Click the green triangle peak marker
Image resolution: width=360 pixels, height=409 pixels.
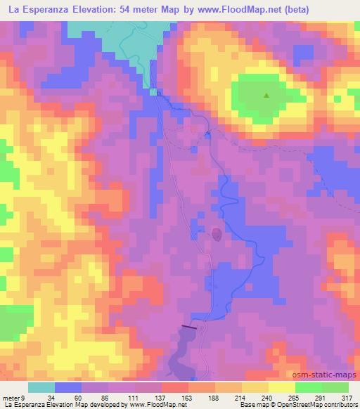tap(266, 96)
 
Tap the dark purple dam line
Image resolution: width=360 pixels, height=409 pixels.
tap(190, 326)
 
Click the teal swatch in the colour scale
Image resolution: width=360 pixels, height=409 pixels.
tap(41, 387)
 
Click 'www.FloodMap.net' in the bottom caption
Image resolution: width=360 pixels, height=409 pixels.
tap(156, 405)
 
